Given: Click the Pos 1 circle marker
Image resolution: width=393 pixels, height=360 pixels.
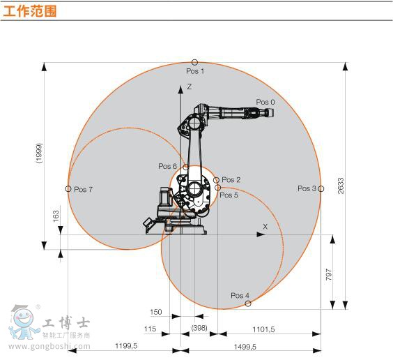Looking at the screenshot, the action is (x=194, y=62).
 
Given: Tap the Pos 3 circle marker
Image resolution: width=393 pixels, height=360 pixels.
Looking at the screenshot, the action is (x=321, y=188).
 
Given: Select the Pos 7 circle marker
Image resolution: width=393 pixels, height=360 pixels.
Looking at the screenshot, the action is (x=68, y=188).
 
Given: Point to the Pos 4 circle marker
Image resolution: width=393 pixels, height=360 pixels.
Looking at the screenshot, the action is (x=248, y=303).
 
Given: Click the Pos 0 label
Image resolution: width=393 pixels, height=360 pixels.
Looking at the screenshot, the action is (x=265, y=102).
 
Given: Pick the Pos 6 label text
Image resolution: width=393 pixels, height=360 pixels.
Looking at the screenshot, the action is (x=167, y=166).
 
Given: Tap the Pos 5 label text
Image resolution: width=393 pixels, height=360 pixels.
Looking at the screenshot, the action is (x=229, y=195).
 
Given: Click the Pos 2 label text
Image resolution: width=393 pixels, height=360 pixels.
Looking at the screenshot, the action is (x=231, y=180).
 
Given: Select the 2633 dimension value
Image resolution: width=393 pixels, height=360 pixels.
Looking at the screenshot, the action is (x=341, y=186).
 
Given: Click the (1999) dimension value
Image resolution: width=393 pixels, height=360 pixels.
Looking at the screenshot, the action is (x=39, y=153).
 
